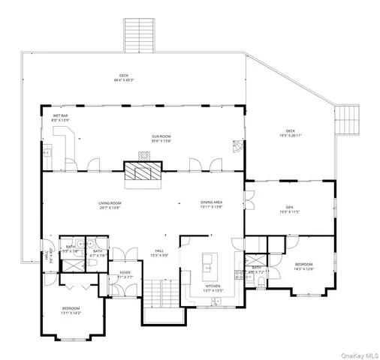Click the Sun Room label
pos(161,139)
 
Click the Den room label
pos(289,210)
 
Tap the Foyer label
pos(125,275)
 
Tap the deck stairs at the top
pos(139,34)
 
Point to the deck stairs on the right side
pos(347,118)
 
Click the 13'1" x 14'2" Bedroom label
pos(71,310)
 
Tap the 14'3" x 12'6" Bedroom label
pos(303,267)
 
